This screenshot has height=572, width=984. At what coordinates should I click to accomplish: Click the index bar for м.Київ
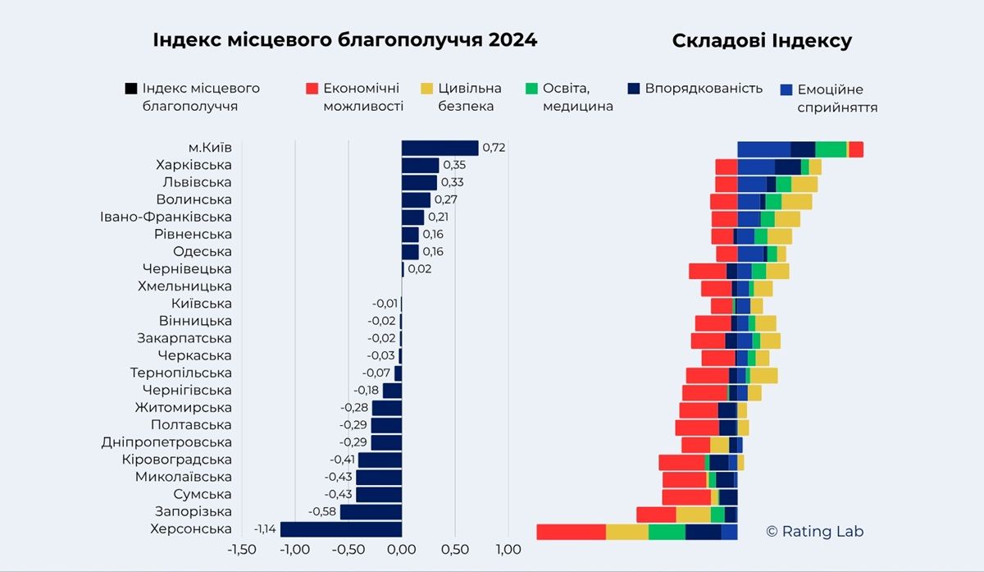pyautogui.click(x=440, y=148)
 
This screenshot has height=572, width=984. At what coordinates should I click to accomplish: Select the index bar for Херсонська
pyautogui.click(x=341, y=529)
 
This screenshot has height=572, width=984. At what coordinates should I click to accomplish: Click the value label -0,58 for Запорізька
pyautogui.click(x=322, y=512)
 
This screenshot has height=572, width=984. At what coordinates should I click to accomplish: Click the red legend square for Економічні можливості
pyautogui.click(x=312, y=88)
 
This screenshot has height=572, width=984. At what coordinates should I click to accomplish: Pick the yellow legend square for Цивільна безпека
pyautogui.click(x=426, y=88)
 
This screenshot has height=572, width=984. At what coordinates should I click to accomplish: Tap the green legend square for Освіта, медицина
pyautogui.click(x=531, y=88)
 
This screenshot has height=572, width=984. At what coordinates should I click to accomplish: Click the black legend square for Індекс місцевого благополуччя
pyautogui.click(x=130, y=88)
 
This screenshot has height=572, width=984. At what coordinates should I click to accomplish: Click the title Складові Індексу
pyautogui.click(x=762, y=41)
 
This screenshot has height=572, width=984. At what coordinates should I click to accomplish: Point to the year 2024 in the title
pyautogui.click(x=512, y=40)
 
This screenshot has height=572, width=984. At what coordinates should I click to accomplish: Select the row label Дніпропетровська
pyautogui.click(x=166, y=442)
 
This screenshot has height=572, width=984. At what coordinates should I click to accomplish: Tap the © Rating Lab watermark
pyautogui.click(x=814, y=532)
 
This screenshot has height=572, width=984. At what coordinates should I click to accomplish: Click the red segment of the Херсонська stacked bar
pyautogui.click(x=571, y=532)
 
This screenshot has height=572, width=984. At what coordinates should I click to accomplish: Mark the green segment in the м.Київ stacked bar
pyautogui.click(x=831, y=149)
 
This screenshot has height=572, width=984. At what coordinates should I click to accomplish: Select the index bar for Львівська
pyautogui.click(x=419, y=182)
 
